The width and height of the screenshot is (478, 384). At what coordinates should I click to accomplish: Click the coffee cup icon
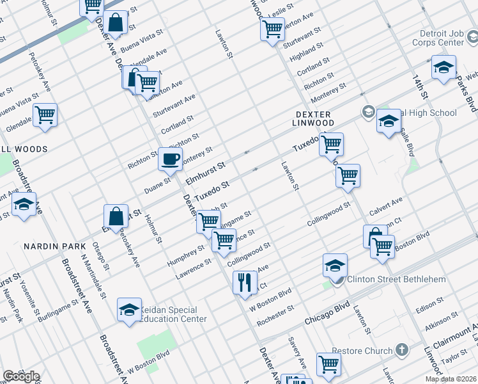click(170, 159)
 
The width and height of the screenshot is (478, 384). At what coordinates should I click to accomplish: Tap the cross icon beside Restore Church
click(401, 350)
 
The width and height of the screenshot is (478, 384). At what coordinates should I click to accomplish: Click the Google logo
click(21, 376)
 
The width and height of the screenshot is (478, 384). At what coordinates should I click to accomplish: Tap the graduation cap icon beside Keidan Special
click(129, 310)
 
